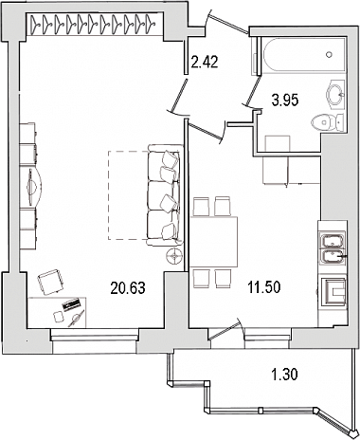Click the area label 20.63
click(128, 288)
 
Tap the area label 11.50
click(264, 287)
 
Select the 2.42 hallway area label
click(205, 62)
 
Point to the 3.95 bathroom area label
click(285, 101)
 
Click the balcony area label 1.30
click(284, 375)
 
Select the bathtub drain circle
click(330, 54)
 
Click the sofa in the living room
click(165, 194)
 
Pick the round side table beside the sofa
click(174, 255)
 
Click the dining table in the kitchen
click(214, 242)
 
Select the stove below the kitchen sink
click(333, 292)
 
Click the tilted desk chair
click(50, 282)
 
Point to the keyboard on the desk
click(72, 304)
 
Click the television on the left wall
click(33, 187)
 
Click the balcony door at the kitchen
click(225, 329)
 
